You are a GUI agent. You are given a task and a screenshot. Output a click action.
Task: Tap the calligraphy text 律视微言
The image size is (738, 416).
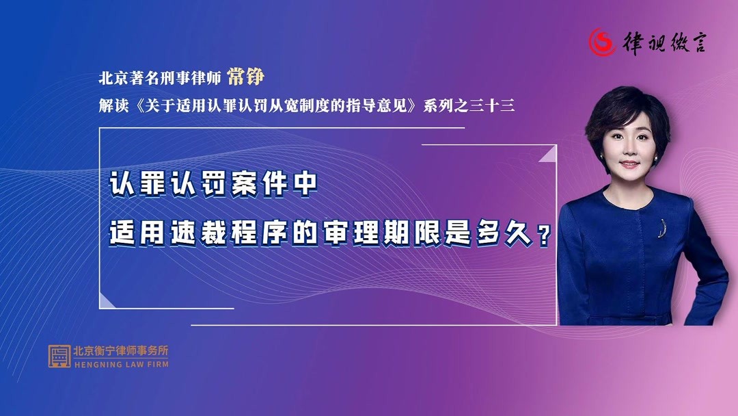[664, 42]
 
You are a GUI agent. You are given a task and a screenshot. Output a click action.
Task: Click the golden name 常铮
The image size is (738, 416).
[245, 77]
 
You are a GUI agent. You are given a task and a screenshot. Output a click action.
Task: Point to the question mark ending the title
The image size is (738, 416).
[544, 237]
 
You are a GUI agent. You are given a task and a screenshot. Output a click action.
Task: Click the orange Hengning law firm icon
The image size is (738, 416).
[59, 356]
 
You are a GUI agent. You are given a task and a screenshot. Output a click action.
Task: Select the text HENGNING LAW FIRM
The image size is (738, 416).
[120, 365]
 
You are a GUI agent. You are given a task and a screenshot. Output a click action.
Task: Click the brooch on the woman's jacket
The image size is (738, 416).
[661, 227]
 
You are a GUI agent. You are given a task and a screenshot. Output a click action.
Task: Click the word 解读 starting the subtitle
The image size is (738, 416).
[112, 107]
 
